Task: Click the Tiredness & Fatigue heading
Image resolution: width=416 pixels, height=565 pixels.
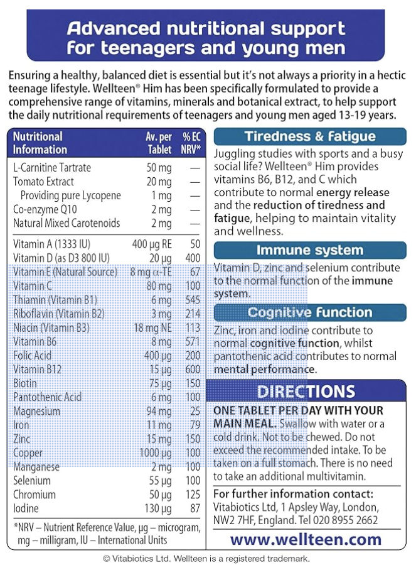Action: point(310,137)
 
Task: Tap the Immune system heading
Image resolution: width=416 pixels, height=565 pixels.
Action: point(310,251)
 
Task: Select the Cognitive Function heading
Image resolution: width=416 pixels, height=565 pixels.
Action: point(310,312)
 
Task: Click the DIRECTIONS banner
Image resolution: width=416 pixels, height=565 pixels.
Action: point(306,392)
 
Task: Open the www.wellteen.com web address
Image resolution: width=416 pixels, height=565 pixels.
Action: point(306,539)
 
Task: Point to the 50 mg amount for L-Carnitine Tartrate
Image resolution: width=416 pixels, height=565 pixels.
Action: point(159,168)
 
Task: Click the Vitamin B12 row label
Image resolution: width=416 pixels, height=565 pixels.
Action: point(37,370)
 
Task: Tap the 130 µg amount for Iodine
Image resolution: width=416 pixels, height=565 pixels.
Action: point(157,508)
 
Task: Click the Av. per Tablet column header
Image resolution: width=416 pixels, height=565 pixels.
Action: point(158,143)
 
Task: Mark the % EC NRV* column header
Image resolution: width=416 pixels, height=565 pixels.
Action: point(191,143)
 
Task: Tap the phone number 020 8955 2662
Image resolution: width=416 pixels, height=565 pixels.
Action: point(351,520)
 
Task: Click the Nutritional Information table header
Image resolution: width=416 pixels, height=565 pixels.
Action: point(40,143)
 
